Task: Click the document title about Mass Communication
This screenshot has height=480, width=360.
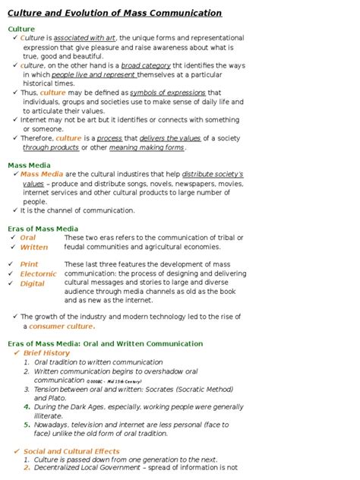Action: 115,13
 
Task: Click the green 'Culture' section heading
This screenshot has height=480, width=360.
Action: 21,29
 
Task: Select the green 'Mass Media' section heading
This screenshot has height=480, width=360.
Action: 29,165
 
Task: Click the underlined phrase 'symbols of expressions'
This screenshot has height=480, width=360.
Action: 168,93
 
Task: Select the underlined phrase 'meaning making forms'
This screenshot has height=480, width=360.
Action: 147,147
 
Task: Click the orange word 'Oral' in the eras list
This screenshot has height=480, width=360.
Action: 27,238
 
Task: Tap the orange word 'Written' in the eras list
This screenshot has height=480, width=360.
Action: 33,247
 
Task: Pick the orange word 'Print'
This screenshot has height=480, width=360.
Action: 29,264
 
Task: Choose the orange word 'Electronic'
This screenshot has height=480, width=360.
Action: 38,273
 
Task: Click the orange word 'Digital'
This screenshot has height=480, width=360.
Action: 32,283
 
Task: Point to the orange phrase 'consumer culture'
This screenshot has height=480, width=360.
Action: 61,327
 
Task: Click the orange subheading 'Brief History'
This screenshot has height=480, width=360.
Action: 46,353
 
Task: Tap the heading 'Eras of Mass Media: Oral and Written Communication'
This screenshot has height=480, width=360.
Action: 105,343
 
